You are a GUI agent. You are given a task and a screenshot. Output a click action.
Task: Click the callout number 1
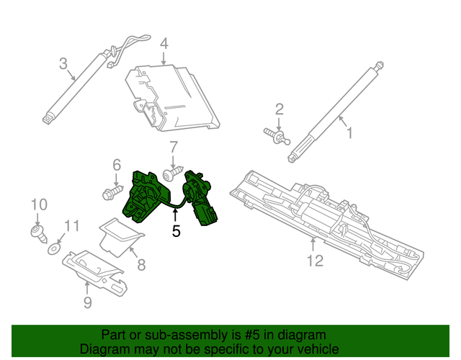click(349, 133)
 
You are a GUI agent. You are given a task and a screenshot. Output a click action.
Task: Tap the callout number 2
click(279, 109)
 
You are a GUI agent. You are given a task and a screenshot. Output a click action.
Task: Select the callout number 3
click(63, 63)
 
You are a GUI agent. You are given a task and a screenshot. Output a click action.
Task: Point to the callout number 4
click(164, 43)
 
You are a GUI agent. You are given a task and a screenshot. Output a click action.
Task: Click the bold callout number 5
click(176, 231)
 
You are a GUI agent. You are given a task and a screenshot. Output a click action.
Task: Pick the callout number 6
click(116, 166)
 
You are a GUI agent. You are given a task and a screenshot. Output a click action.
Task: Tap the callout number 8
click(141, 264)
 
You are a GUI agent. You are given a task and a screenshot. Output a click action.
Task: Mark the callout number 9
click(87, 302)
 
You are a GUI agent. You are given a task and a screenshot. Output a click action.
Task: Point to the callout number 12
click(315, 260)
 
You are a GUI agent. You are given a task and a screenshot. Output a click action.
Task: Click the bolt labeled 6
click(110, 193)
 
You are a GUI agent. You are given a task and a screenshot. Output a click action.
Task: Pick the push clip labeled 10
click(37, 231)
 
